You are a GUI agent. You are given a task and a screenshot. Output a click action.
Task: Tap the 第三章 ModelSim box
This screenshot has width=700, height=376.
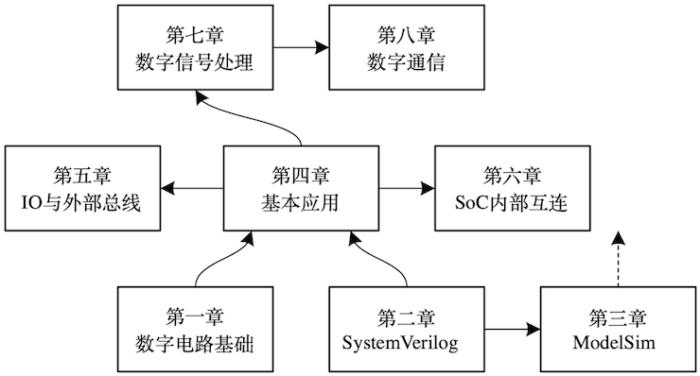pyautogui.click(x=620, y=329)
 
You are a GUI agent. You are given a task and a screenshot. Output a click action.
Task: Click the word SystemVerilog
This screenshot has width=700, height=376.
pyautogui.click(x=400, y=342)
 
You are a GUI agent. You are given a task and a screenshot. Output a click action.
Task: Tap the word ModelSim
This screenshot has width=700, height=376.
pyautogui.click(x=620, y=342)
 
